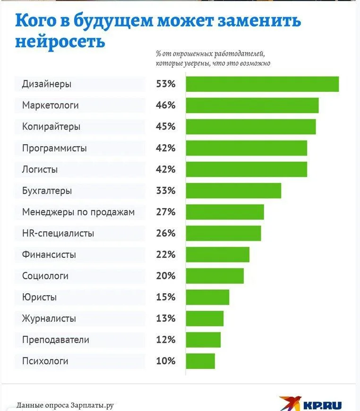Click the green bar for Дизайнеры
(x=262, y=84)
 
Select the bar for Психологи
(x=200, y=361)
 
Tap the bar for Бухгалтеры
(x=233, y=191)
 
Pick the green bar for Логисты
(x=246, y=169)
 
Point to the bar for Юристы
(x=207, y=297)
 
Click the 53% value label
(x=166, y=84)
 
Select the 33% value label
(x=166, y=191)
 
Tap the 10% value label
(x=166, y=361)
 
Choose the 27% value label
(x=166, y=212)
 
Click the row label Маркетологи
(x=51, y=105)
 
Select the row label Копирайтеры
(x=51, y=127)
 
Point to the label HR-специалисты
(x=58, y=233)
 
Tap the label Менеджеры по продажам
(x=78, y=212)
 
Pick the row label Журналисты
(x=49, y=318)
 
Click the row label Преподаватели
(x=56, y=340)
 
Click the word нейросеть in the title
(x=60, y=41)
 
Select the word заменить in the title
(x=256, y=21)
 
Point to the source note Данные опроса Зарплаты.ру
(x=66, y=405)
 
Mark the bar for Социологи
(x=214, y=276)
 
